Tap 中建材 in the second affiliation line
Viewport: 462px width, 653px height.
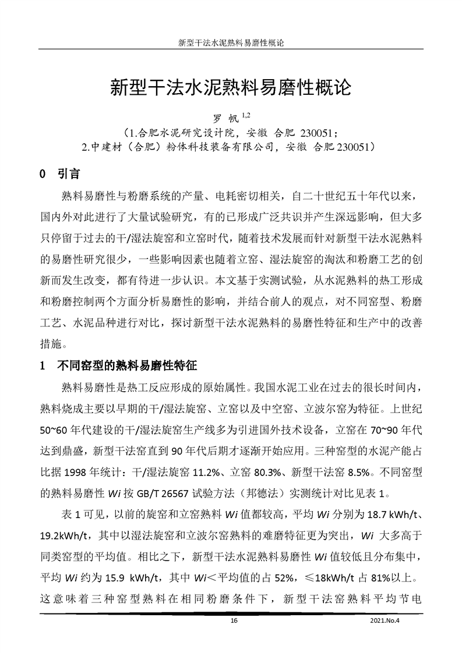tap(108, 148)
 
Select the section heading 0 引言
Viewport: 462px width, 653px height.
tap(59, 175)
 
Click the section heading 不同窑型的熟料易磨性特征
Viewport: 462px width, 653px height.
tap(127, 367)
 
